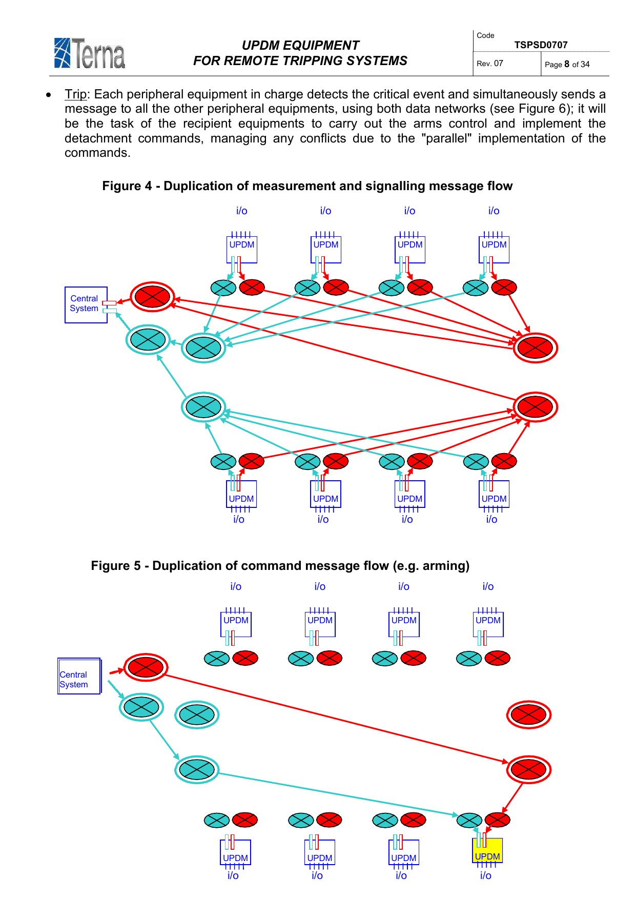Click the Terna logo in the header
click(90, 53)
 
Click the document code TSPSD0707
click(541, 45)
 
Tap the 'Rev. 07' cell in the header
click(490, 64)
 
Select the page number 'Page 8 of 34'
click(567, 64)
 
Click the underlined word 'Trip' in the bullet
click(75, 94)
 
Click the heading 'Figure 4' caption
click(307, 186)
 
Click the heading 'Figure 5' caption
click(280, 566)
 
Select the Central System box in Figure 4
click(86, 304)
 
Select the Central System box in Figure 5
click(79, 677)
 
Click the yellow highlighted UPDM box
click(487, 851)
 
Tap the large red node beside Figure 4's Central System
click(152, 297)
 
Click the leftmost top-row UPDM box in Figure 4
click(242, 249)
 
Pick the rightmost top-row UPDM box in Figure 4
click(494, 249)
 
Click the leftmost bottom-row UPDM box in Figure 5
click(236, 853)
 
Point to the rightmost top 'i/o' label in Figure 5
click(488, 586)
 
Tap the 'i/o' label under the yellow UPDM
click(485, 876)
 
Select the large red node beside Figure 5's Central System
click(146, 667)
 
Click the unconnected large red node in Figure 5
click(529, 714)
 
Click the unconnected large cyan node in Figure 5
click(197, 714)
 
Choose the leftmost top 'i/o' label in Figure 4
click(242, 211)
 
